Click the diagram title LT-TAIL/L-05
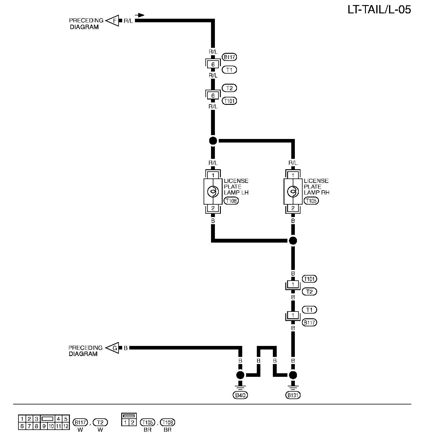379,10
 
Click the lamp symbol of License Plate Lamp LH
213,192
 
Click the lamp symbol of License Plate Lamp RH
293,192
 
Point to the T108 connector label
232,201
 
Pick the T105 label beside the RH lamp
311,201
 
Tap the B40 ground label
240,395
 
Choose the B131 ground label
293,395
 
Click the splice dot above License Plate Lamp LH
213,141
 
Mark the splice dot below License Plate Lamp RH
293,241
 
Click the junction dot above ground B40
240,375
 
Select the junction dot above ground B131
293,375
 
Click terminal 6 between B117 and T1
213,64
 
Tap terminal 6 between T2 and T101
213,96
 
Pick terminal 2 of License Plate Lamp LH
213,208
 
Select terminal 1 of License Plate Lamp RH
293,175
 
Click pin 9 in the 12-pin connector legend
44,426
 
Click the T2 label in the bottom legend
100,422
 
